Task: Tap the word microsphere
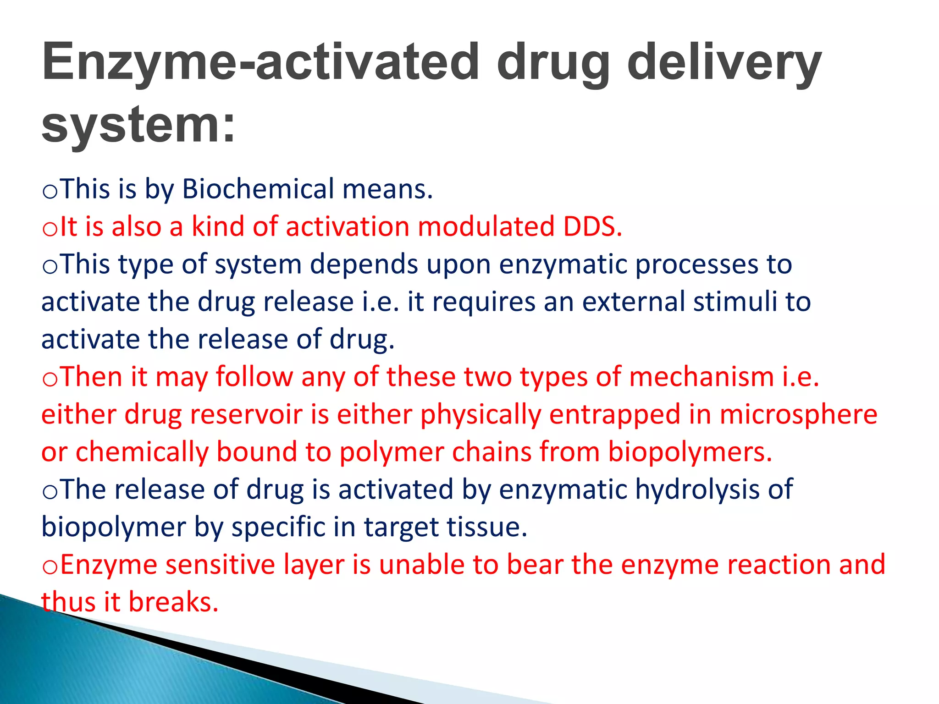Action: click(x=798, y=414)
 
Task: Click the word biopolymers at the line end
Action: click(x=690, y=452)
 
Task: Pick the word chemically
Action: click(x=142, y=452)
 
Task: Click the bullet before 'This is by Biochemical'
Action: click(x=50, y=191)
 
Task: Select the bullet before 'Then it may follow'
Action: click(x=50, y=379)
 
